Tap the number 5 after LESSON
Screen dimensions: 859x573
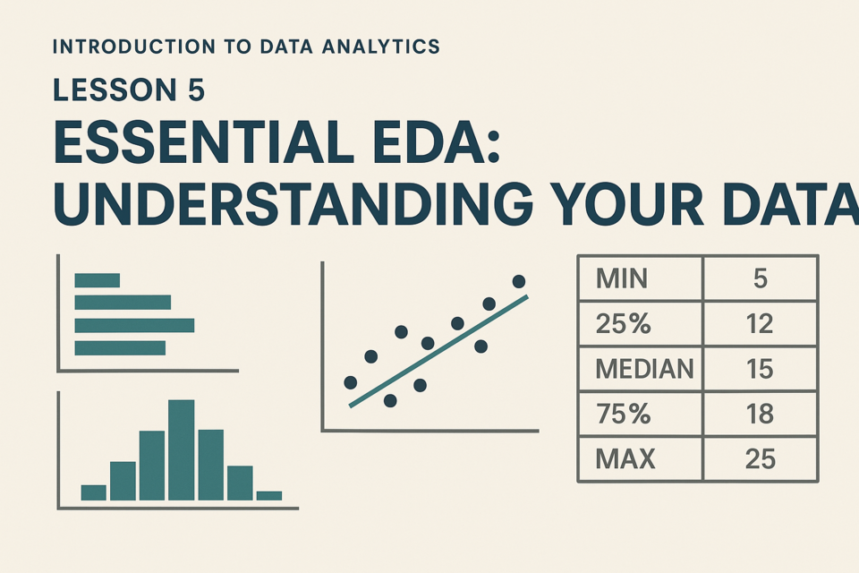tap(196, 90)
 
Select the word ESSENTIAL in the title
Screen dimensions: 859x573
tap(203, 142)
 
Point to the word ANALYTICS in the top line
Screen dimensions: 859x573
tap(381, 47)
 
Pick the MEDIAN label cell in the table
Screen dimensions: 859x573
tap(640, 369)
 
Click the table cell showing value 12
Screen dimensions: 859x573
tap(761, 323)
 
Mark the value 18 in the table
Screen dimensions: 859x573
tap(761, 414)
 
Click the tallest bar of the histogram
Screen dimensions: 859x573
tap(182, 450)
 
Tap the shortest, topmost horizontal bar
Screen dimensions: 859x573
tap(97, 280)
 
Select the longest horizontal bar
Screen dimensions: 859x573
tap(134, 325)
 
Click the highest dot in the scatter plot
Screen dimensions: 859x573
tap(519, 281)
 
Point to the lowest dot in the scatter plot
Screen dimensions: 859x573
tap(390, 401)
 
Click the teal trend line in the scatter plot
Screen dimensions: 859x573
tap(438, 352)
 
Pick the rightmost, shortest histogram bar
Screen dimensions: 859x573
tap(269, 496)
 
